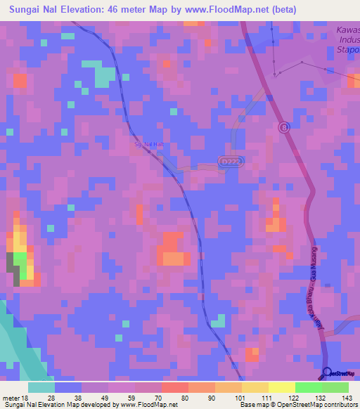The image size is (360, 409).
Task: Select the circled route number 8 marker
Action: [x=283, y=127]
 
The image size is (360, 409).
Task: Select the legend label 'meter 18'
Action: [x=15, y=398]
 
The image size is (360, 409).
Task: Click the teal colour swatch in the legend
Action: [x=41, y=387]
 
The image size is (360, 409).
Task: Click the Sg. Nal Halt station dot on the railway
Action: [x=149, y=152]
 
